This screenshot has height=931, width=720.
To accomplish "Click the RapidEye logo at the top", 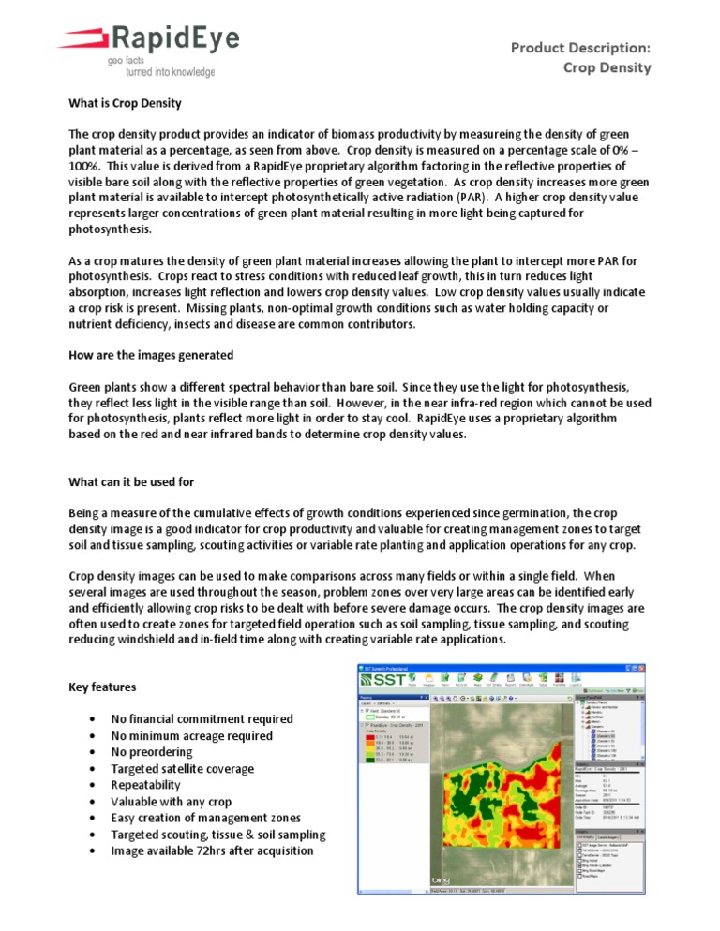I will click(x=150, y=40).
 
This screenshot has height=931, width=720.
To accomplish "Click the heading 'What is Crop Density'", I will click(x=126, y=102).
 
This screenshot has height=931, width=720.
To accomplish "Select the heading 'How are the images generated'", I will click(x=150, y=355).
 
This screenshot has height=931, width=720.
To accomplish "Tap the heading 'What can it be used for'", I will click(x=137, y=481).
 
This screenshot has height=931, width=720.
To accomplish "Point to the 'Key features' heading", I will click(x=103, y=687).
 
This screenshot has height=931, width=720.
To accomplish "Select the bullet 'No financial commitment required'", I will click(x=202, y=718).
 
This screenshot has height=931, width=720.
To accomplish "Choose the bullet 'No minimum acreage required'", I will click(x=191, y=735).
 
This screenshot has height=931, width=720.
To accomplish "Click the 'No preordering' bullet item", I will click(x=151, y=751).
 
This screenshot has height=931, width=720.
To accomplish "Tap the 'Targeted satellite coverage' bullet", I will click(x=182, y=768).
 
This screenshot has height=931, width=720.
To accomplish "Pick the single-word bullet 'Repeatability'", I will click(x=148, y=785).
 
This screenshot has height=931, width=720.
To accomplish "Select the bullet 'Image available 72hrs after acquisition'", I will click(x=212, y=850).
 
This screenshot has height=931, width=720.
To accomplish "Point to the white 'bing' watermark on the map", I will click(x=441, y=880).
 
